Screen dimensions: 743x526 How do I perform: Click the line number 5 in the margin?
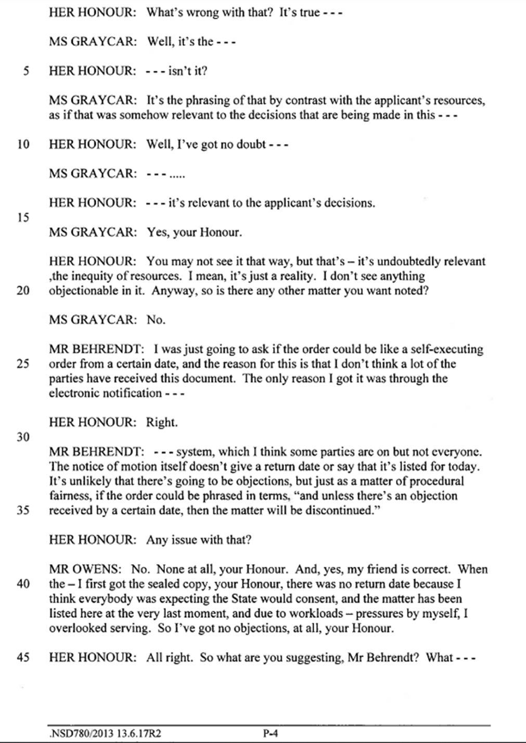point(25,71)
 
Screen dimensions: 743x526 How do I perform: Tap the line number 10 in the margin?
point(23,144)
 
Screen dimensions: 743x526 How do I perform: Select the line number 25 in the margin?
point(23,363)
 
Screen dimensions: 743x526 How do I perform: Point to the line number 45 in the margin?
point(23,657)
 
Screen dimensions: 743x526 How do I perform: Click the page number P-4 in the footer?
point(271,734)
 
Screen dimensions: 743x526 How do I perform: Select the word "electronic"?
point(76,393)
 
